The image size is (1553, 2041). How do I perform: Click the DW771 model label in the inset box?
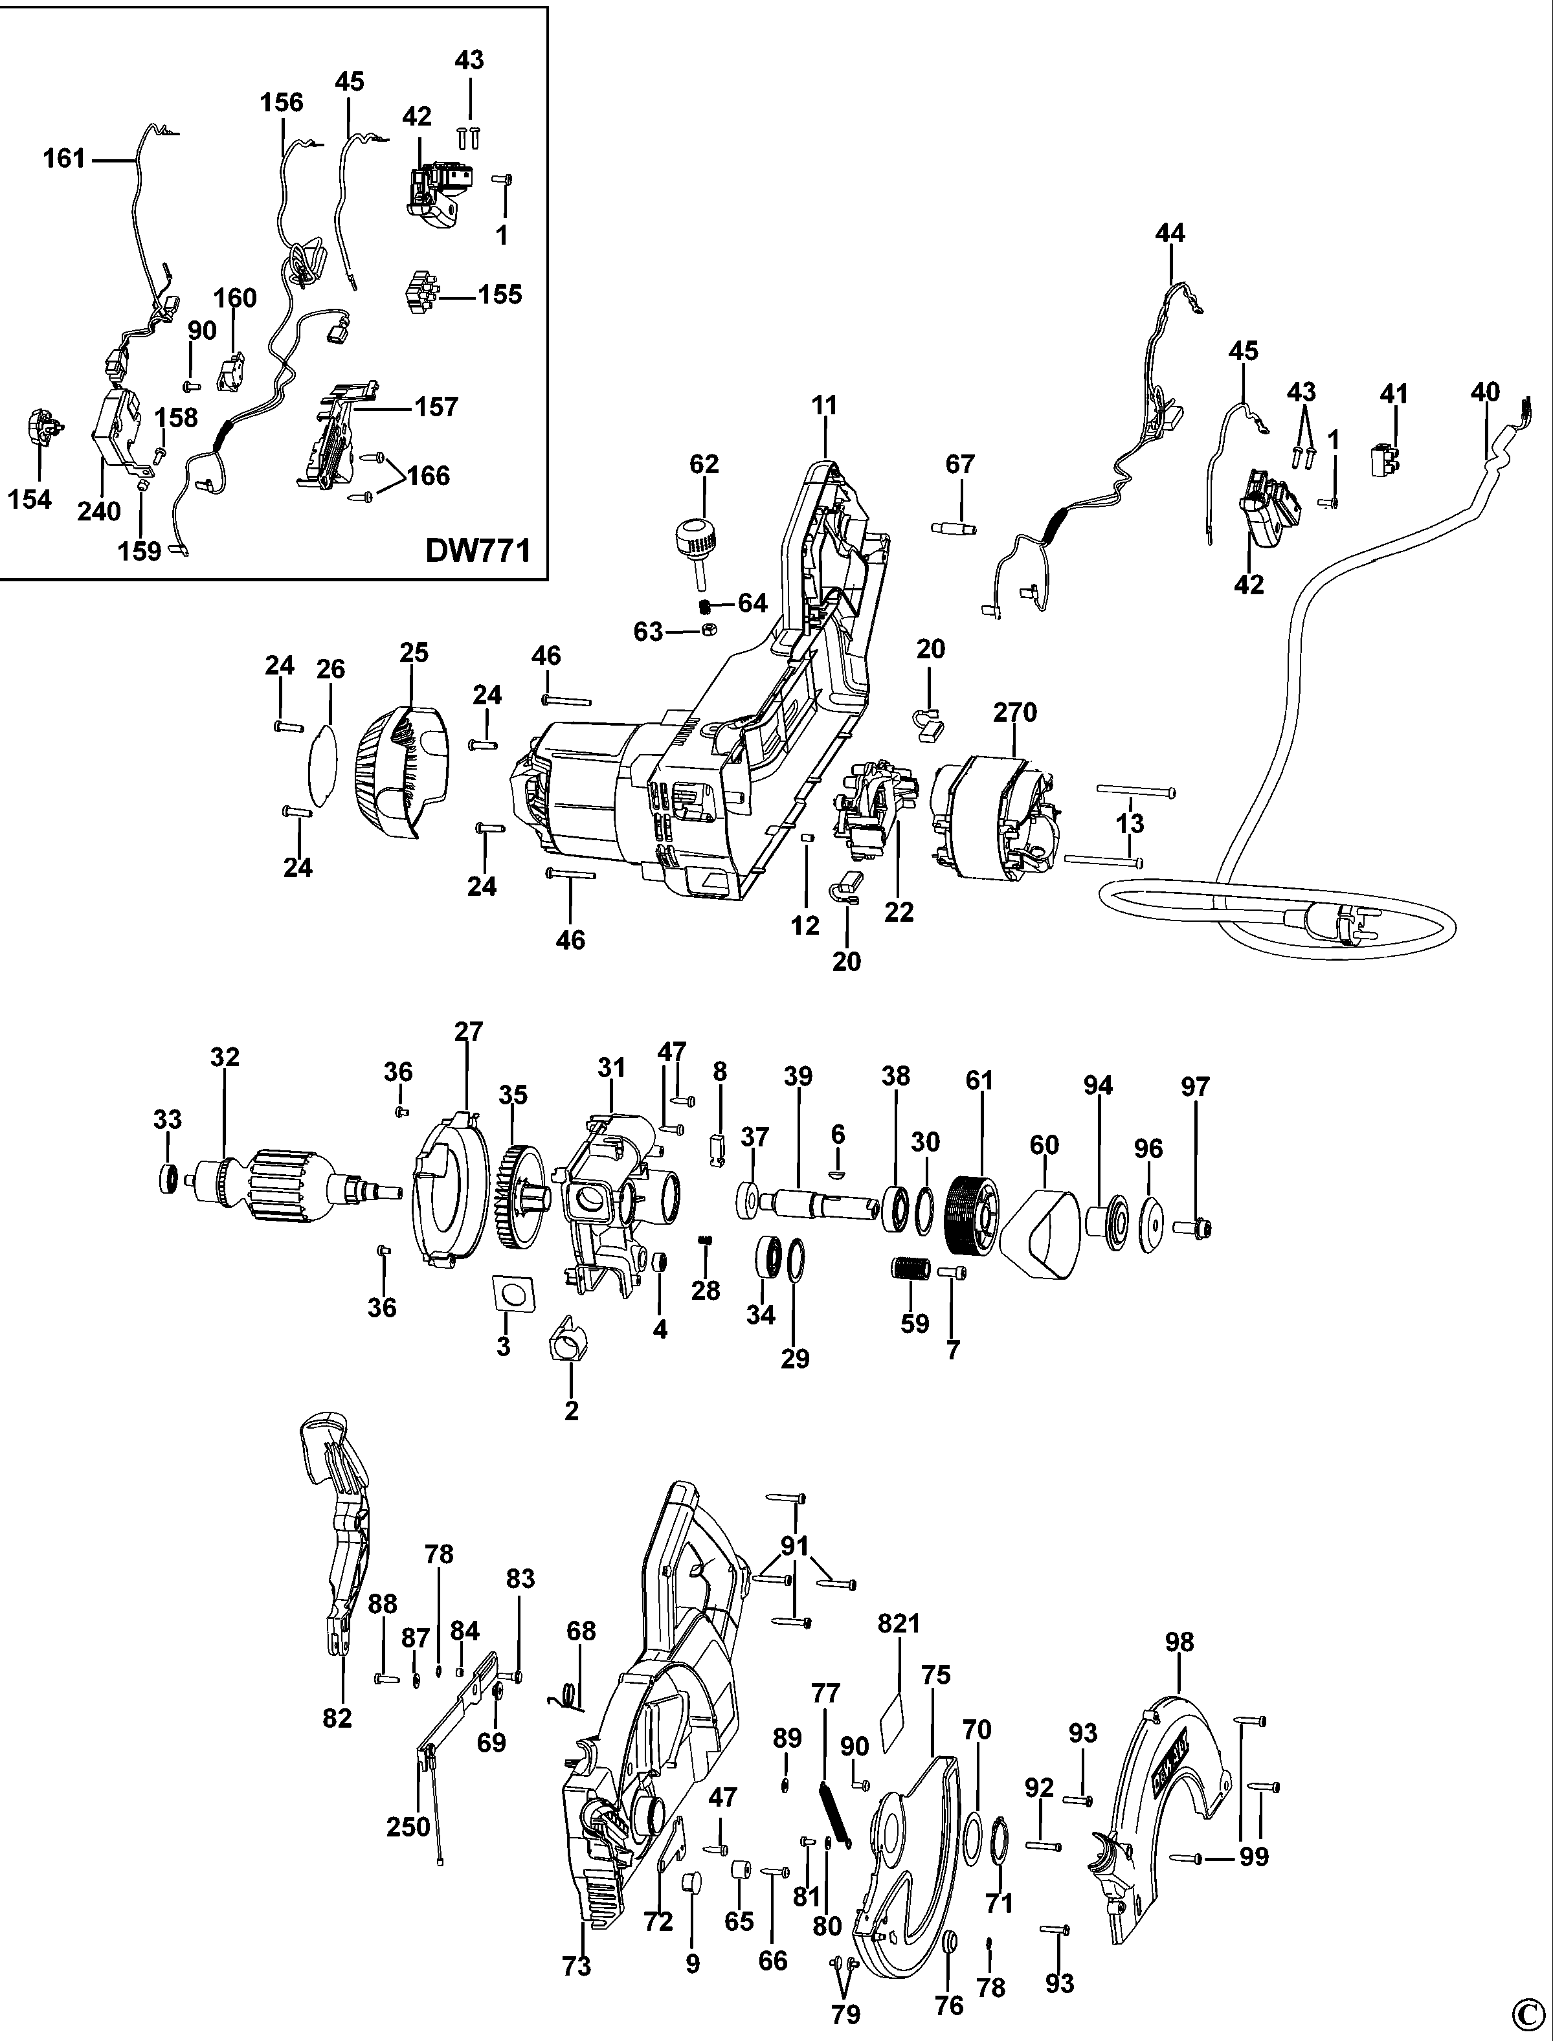click(x=477, y=551)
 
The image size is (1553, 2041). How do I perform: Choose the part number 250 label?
click(x=408, y=1827)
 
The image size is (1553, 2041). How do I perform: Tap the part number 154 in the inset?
click(x=30, y=499)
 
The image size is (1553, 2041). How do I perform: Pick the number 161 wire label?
click(x=64, y=159)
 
